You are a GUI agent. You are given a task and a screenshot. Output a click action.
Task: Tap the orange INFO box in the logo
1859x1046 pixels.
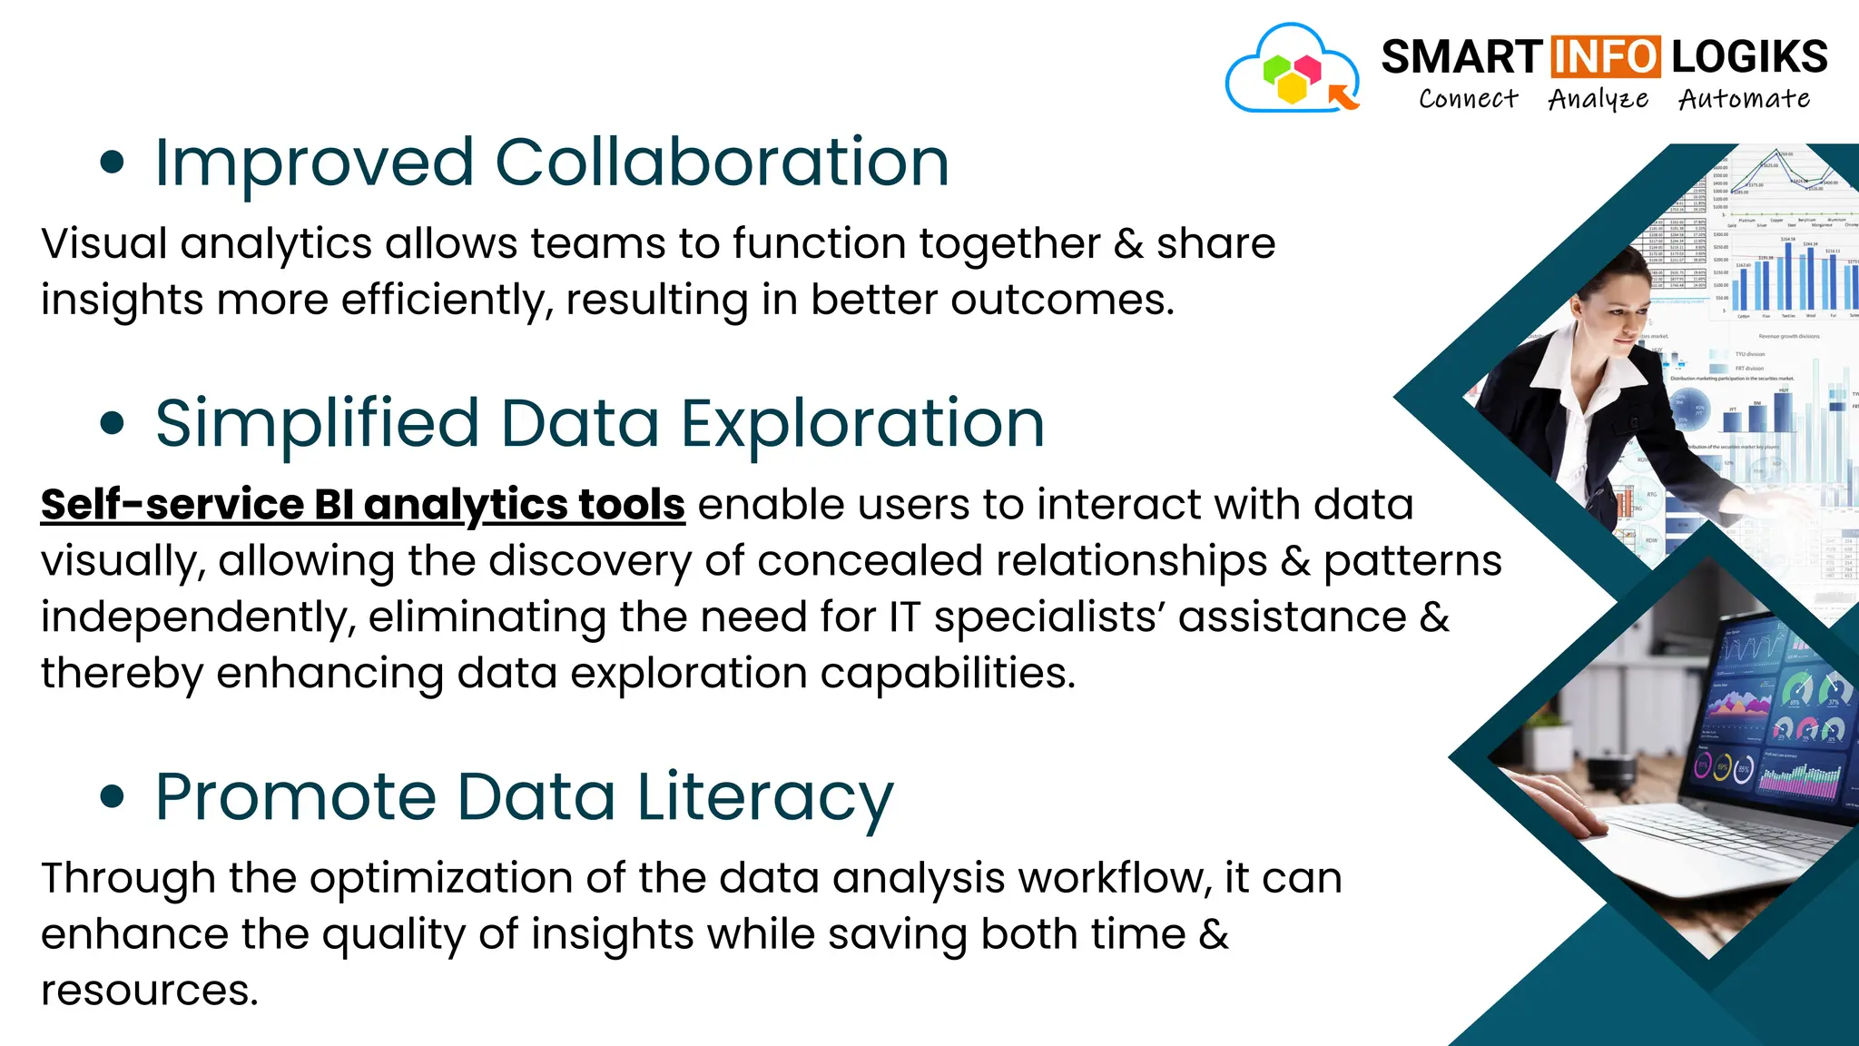tap(1605, 56)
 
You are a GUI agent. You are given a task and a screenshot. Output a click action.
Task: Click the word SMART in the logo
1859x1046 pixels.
tap(1461, 57)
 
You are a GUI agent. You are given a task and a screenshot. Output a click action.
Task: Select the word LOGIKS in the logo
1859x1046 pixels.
tap(1749, 57)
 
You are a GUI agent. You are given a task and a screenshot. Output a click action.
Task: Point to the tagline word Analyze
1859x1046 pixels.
tap(1598, 99)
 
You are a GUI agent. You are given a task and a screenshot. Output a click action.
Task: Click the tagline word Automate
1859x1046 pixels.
tap(1744, 99)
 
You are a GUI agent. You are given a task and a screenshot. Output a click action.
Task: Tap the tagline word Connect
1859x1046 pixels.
tap(1468, 99)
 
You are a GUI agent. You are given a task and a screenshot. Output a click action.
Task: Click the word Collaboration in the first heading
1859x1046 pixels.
tap(722, 163)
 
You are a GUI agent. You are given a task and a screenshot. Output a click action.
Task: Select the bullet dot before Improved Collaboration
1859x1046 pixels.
tap(112, 163)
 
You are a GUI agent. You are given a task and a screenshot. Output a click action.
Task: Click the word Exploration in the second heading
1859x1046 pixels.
tap(862, 424)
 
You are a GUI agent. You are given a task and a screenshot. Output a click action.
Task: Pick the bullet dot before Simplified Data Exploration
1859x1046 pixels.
tap(112, 423)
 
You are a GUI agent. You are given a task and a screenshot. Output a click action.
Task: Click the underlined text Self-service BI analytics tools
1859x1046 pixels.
tap(362, 505)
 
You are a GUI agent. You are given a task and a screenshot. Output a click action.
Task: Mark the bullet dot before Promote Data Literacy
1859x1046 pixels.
tap(112, 797)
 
